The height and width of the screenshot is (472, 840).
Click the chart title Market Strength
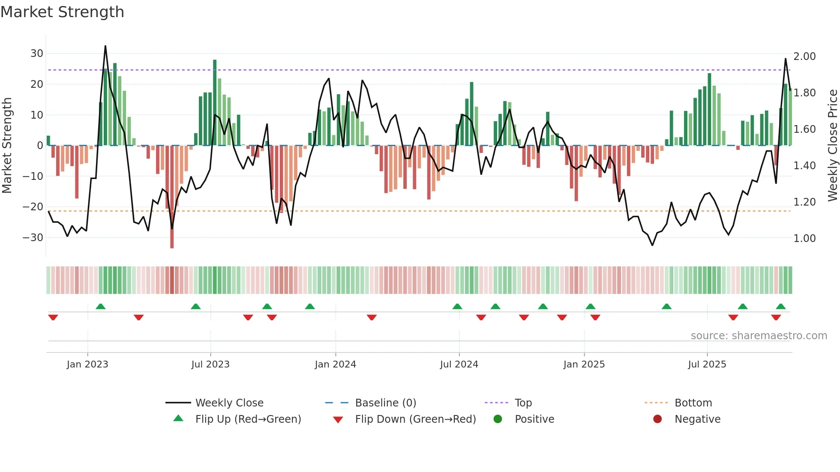(x=62, y=12)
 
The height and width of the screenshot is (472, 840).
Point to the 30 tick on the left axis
(x=37, y=54)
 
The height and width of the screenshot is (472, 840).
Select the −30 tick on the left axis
(x=33, y=238)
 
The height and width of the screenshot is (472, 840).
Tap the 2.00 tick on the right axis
(x=804, y=57)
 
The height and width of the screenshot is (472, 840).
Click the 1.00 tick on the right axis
(x=804, y=239)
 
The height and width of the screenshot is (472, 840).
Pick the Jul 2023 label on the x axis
(x=210, y=364)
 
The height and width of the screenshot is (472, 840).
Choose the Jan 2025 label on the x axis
(x=584, y=364)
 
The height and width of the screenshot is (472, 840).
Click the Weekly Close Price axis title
(x=832, y=145)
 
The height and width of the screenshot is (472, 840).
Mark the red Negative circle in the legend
(x=657, y=419)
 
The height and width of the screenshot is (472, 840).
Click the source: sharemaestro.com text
(x=759, y=336)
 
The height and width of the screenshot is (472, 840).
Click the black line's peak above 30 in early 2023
(x=105, y=46)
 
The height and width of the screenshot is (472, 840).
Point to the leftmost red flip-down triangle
(x=53, y=317)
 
